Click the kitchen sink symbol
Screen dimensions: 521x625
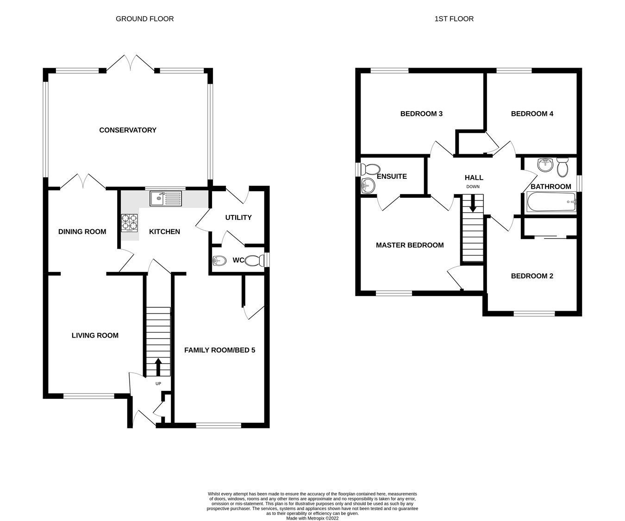click(166, 199)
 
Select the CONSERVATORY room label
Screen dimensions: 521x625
click(128, 130)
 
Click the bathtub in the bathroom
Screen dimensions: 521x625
click(550, 202)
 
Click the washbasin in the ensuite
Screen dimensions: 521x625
click(369, 185)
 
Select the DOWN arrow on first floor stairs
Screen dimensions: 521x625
click(473, 204)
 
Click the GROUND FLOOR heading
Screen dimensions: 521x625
click(144, 19)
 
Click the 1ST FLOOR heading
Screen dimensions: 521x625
click(454, 19)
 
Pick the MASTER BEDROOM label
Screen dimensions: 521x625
click(409, 245)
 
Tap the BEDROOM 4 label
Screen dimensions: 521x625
click(532, 114)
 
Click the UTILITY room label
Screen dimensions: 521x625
click(238, 218)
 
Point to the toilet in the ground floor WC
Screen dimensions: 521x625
click(254, 261)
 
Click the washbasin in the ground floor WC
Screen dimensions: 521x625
click(218, 261)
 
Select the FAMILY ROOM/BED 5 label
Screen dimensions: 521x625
click(219, 350)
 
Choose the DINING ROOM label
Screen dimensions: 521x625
click(82, 232)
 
